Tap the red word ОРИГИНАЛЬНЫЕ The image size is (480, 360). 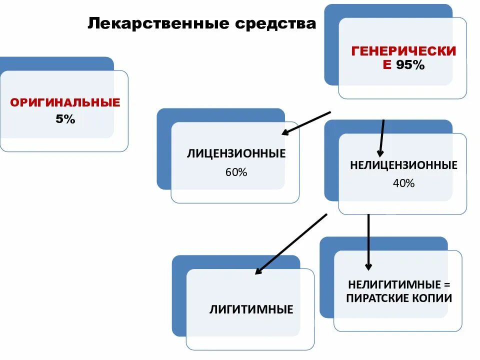coord(65,103)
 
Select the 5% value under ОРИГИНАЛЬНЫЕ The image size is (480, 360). coord(65,119)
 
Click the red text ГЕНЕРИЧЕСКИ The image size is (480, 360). coord(403,51)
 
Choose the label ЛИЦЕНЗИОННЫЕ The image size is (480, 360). coord(236,153)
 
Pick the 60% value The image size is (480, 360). coord(236,172)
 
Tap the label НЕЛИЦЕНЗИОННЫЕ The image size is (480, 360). coord(404,165)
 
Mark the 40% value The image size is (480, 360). coord(404,183)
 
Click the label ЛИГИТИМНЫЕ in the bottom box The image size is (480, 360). coord(251,309)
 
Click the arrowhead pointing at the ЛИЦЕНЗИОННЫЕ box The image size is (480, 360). coord(286,132)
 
